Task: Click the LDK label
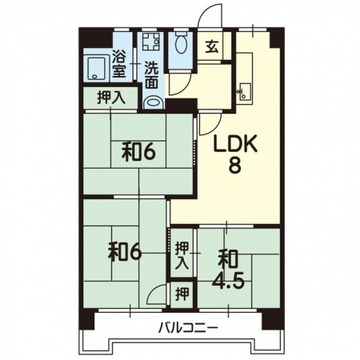pyautogui.click(x=234, y=143)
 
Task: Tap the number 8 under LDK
pyautogui.click(x=234, y=165)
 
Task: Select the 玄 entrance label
pyautogui.click(x=212, y=48)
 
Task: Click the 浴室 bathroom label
pyautogui.click(x=119, y=63)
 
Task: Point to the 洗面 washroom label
pyautogui.click(x=151, y=75)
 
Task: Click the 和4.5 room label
pyautogui.click(x=228, y=270)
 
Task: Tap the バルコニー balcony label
pyautogui.click(x=188, y=327)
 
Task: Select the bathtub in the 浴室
pyautogui.click(x=96, y=69)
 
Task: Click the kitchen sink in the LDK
pyautogui.click(x=246, y=91)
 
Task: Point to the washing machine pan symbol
pyautogui.click(x=151, y=42)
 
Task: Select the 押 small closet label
pyautogui.click(x=182, y=294)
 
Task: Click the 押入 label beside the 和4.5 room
pyautogui.click(x=182, y=256)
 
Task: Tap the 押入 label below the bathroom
pyautogui.click(x=111, y=98)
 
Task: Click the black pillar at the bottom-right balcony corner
pyautogui.click(x=271, y=319)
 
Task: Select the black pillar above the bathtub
pyautogui.click(x=96, y=38)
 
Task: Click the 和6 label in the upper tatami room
pyautogui.click(x=138, y=153)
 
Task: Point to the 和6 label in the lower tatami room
pyautogui.click(x=124, y=253)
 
